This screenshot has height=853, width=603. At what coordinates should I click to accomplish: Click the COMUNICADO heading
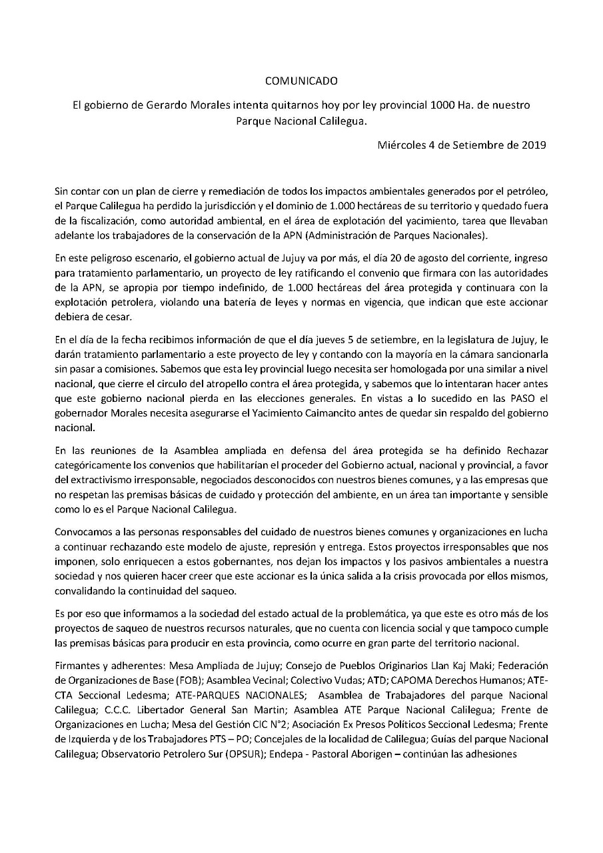[301, 81]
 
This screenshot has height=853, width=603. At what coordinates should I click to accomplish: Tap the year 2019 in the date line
[532, 145]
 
